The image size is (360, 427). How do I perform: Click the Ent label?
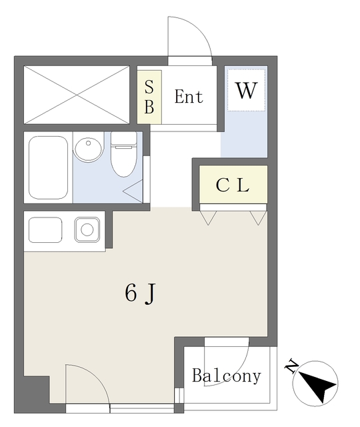[x=189, y=96]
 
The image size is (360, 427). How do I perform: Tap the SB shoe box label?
[x=149, y=96]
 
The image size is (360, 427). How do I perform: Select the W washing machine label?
[x=246, y=91]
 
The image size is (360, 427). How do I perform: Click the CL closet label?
[x=233, y=185]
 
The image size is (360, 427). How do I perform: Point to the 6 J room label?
[x=140, y=293]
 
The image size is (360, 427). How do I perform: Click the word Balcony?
[x=227, y=376]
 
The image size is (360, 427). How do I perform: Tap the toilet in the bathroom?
[x=123, y=154]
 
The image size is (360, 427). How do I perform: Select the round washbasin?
[x=88, y=150]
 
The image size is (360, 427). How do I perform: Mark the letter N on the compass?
[x=291, y=366]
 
